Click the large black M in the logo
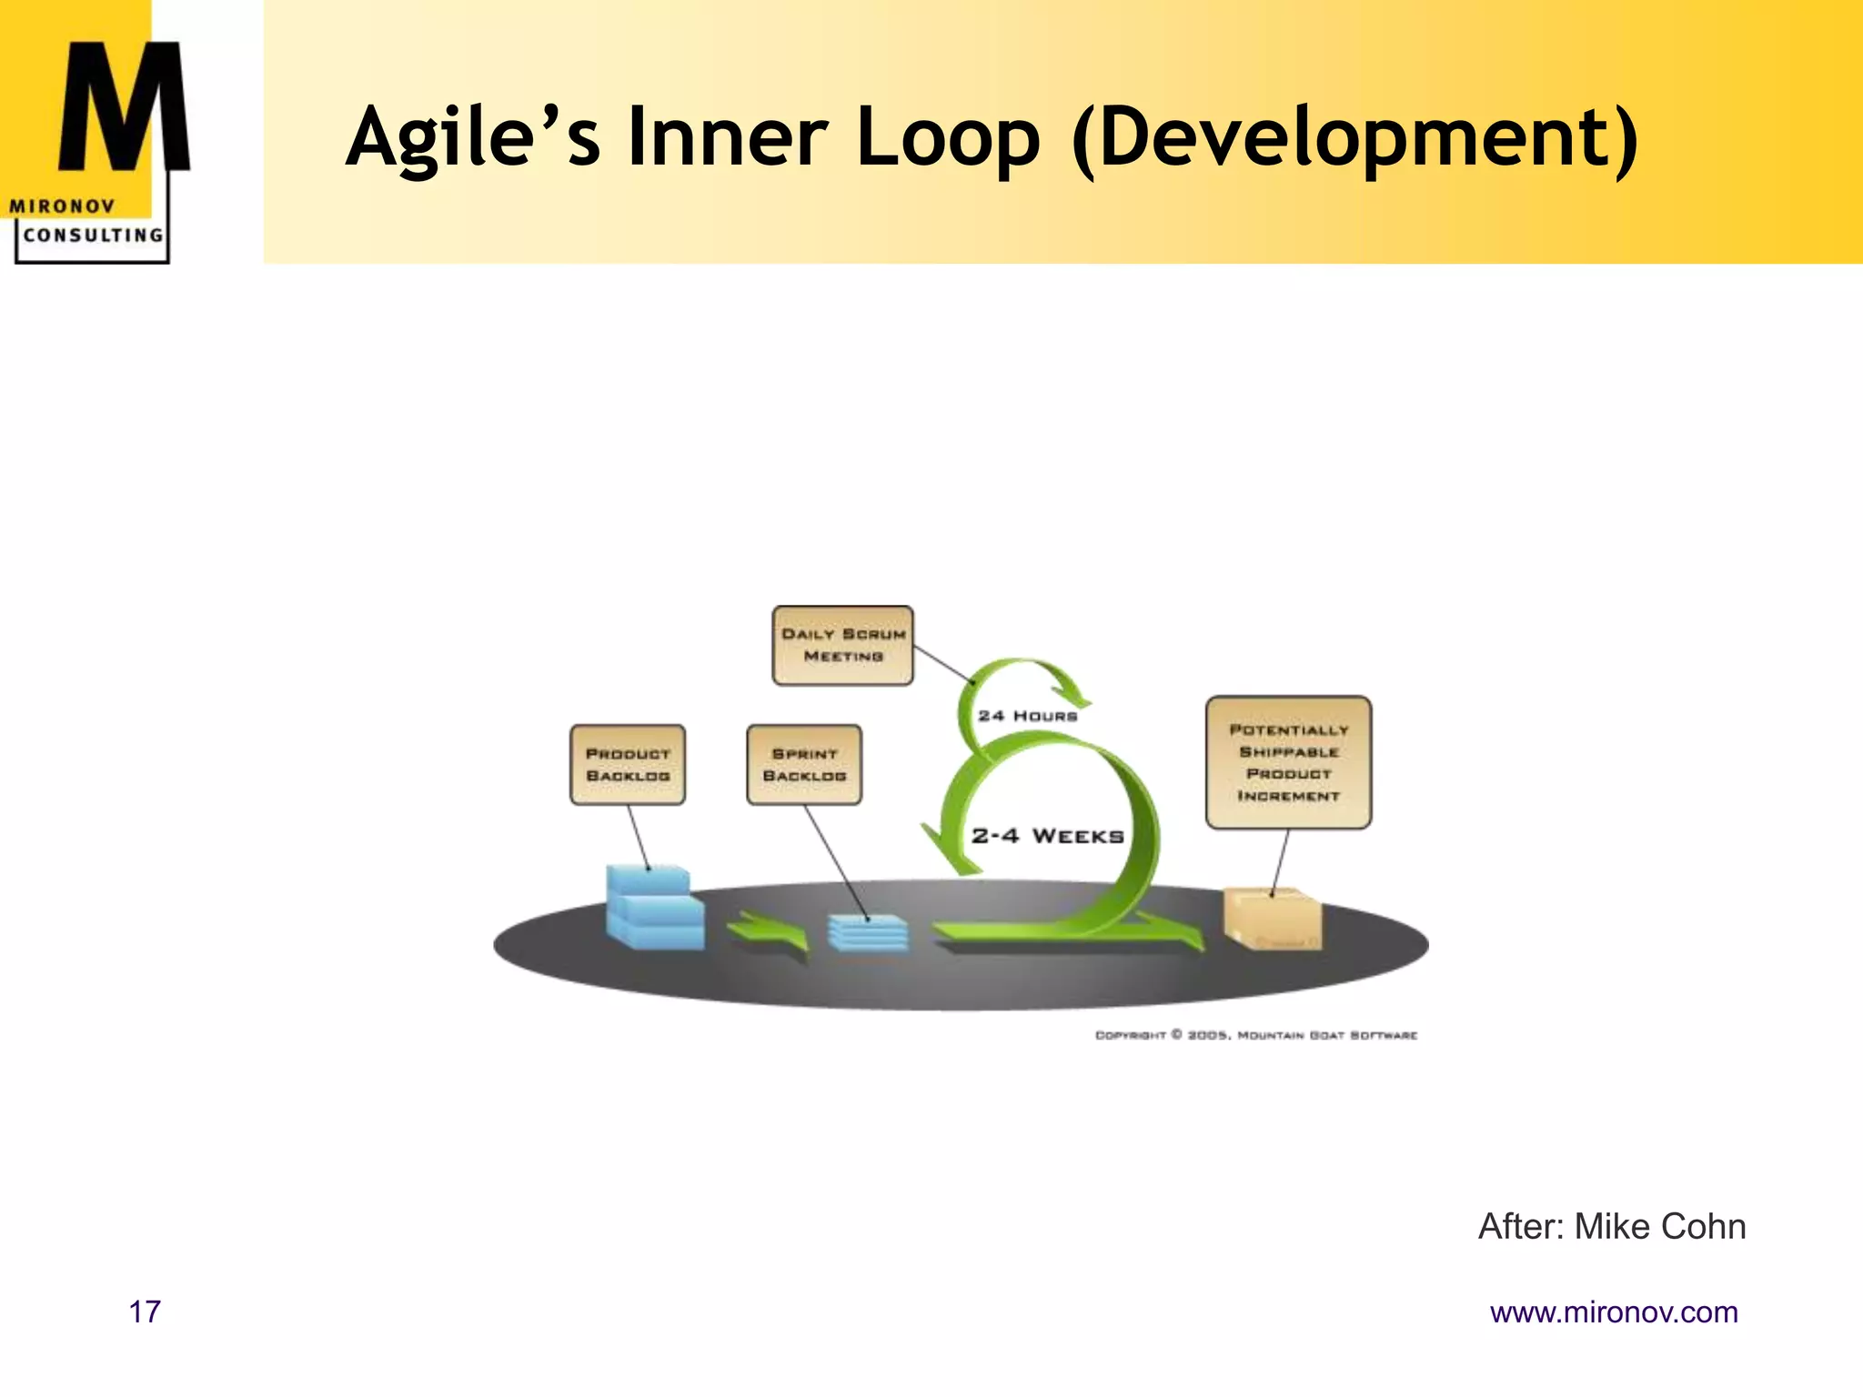pyautogui.click(x=124, y=109)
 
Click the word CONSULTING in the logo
pyautogui.click(x=93, y=236)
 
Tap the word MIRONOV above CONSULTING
pyautogui.click(x=62, y=206)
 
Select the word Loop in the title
pyautogui.click(x=947, y=138)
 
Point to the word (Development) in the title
pyautogui.click(x=1355, y=138)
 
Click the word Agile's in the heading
pyautogui.click(x=473, y=138)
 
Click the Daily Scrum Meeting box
pyautogui.click(x=842, y=645)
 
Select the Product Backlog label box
pyautogui.click(x=628, y=765)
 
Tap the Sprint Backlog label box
pyautogui.click(x=804, y=765)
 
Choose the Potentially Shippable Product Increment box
pyautogui.click(x=1288, y=762)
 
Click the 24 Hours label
pyautogui.click(x=1028, y=716)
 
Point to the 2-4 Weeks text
pyautogui.click(x=1048, y=836)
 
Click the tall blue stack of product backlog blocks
pyautogui.click(x=653, y=909)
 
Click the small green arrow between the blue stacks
pyautogui.click(x=770, y=934)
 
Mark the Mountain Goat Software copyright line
pyautogui.click(x=1255, y=1035)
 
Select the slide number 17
pyautogui.click(x=145, y=1312)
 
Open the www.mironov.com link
pyautogui.click(x=1614, y=1312)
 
